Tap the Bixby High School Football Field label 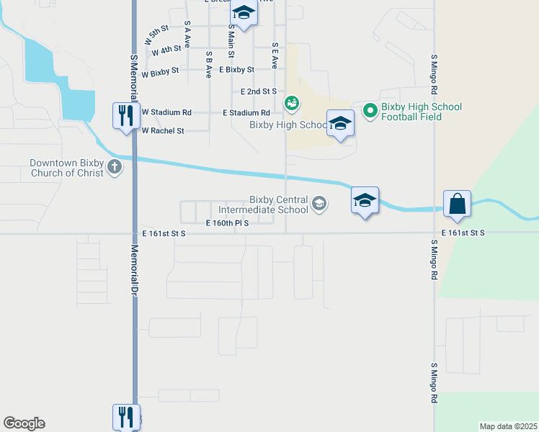(422, 112)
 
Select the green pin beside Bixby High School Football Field (370, 110)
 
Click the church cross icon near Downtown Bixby (115, 168)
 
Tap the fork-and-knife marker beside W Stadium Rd (125, 115)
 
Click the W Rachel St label (163, 131)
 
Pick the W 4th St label (166, 50)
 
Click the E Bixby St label (237, 70)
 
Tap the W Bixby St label (164, 74)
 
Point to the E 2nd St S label (259, 91)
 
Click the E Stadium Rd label (246, 113)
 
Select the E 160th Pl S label (227, 223)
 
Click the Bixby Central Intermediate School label (279, 205)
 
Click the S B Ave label (208, 64)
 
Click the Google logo (24, 423)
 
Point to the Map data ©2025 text (508, 426)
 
